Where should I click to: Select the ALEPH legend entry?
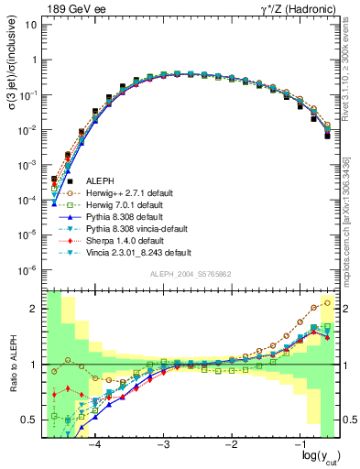click(x=99, y=180)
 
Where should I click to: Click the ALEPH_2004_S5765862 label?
click(x=190, y=275)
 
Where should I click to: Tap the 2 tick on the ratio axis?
click(x=38, y=309)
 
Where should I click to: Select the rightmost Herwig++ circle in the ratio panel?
click(x=329, y=302)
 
